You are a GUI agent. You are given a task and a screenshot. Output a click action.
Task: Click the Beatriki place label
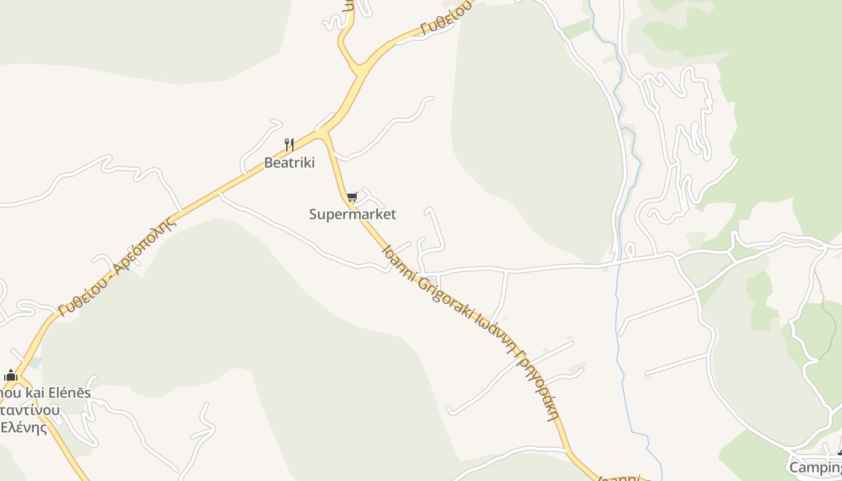tap(289, 162)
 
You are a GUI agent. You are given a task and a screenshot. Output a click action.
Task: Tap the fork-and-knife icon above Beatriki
tap(289, 144)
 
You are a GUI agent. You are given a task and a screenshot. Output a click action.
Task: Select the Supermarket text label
tap(352, 214)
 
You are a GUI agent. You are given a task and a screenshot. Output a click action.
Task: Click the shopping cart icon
tap(352, 197)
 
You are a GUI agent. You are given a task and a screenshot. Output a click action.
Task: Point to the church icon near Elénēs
tap(10, 376)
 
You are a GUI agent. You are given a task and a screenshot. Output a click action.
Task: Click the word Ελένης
tap(24, 428)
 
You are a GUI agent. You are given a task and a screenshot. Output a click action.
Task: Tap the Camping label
tap(815, 467)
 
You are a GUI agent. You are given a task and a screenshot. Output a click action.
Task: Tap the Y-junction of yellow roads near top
tap(360, 68)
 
